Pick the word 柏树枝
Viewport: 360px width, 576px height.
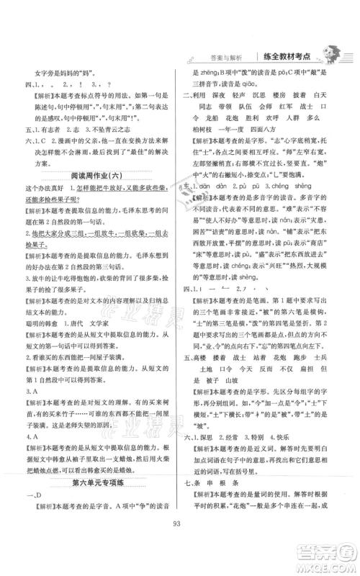pos(216,146)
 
